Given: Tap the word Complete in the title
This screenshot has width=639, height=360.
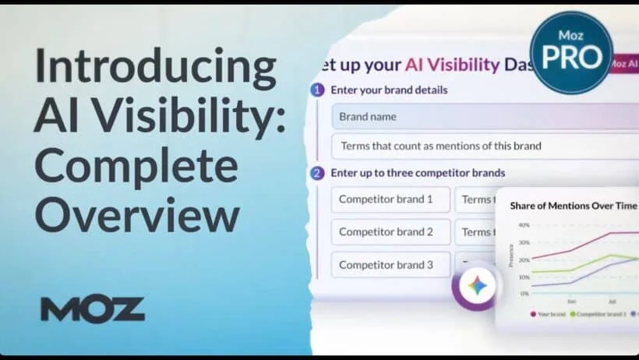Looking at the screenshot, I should tap(136, 167).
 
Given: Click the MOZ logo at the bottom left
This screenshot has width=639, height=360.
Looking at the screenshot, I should tap(93, 309).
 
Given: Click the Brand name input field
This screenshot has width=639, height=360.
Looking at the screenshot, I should tap(483, 117).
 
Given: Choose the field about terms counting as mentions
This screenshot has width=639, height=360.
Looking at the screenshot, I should tap(483, 146).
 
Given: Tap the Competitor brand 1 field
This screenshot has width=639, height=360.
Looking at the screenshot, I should tap(390, 199).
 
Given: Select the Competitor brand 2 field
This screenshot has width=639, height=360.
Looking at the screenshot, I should tap(390, 231).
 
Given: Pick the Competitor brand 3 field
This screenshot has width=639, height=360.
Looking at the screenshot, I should tap(390, 264).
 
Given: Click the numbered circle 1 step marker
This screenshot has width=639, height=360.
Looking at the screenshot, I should tap(317, 90).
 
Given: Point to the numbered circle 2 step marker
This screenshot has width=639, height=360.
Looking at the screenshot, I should tap(317, 173).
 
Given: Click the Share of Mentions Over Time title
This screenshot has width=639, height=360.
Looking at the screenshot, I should tap(574, 206).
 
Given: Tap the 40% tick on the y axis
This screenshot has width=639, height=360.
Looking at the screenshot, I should tap(524, 225).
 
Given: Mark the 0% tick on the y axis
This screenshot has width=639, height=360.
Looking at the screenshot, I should tap(524, 294).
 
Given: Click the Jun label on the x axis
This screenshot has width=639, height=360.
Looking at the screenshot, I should tap(571, 301).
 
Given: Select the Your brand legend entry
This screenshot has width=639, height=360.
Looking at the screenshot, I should tap(552, 314).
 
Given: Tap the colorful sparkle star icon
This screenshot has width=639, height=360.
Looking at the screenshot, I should tap(478, 286).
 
